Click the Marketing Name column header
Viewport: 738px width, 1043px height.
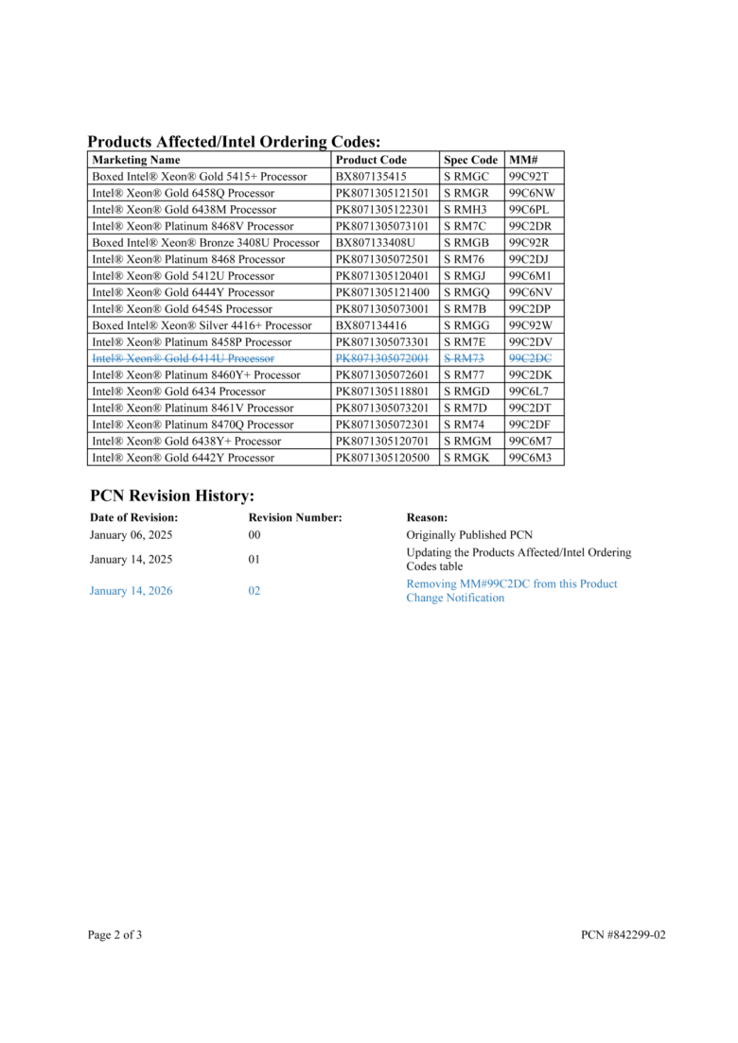(x=135, y=160)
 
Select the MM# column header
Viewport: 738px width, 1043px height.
(x=523, y=160)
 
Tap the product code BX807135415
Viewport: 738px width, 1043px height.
(x=371, y=177)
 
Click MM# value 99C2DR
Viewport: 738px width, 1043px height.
(x=530, y=226)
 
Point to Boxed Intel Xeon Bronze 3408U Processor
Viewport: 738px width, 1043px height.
(x=205, y=243)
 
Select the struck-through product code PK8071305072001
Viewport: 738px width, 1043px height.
(x=382, y=358)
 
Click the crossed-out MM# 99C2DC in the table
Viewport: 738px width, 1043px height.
(x=530, y=358)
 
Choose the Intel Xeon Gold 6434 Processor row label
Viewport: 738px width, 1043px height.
(x=179, y=391)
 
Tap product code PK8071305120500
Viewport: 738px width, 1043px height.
(x=382, y=458)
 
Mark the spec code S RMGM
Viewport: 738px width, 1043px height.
(x=466, y=441)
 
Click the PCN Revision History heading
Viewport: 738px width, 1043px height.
(x=172, y=495)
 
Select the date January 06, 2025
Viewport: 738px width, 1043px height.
(x=132, y=535)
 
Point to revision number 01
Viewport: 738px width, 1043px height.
(x=255, y=560)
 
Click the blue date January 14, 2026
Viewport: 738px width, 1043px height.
(x=132, y=591)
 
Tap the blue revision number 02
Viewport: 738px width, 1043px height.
(x=255, y=591)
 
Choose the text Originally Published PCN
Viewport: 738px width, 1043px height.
(x=469, y=535)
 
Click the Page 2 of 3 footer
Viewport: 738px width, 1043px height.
(x=115, y=935)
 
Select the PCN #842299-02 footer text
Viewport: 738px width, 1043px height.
(x=624, y=935)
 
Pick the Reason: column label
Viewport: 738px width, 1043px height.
(x=427, y=517)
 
